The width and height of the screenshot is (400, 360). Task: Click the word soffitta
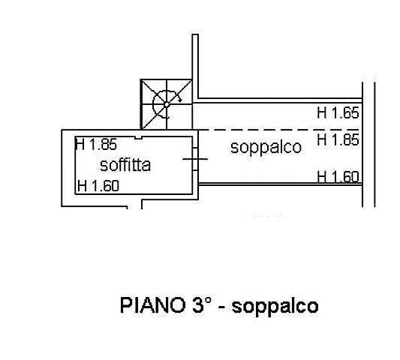[125, 165]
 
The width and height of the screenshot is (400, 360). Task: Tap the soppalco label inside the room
[266, 147]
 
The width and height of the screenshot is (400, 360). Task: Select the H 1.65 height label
[338, 112]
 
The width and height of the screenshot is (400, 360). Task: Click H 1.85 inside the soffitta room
[96, 144]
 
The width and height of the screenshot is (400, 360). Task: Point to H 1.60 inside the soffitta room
[98, 185]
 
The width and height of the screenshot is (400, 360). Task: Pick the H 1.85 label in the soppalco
[338, 139]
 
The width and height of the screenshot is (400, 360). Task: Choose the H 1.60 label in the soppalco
[338, 177]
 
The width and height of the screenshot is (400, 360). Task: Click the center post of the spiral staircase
[167, 104]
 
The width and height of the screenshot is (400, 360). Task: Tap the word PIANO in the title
[152, 305]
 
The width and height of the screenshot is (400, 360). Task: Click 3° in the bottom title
[202, 304]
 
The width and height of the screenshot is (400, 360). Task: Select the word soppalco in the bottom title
[275, 306]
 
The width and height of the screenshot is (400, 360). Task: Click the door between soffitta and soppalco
[195, 159]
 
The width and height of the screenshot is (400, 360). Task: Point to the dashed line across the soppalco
[278, 130]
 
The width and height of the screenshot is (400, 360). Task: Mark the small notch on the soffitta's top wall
[138, 137]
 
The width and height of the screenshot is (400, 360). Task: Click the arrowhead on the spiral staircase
[179, 100]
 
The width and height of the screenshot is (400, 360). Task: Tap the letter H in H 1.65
[322, 112]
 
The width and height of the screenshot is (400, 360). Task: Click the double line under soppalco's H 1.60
[281, 184]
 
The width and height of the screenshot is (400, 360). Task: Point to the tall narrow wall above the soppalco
[195, 67]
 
